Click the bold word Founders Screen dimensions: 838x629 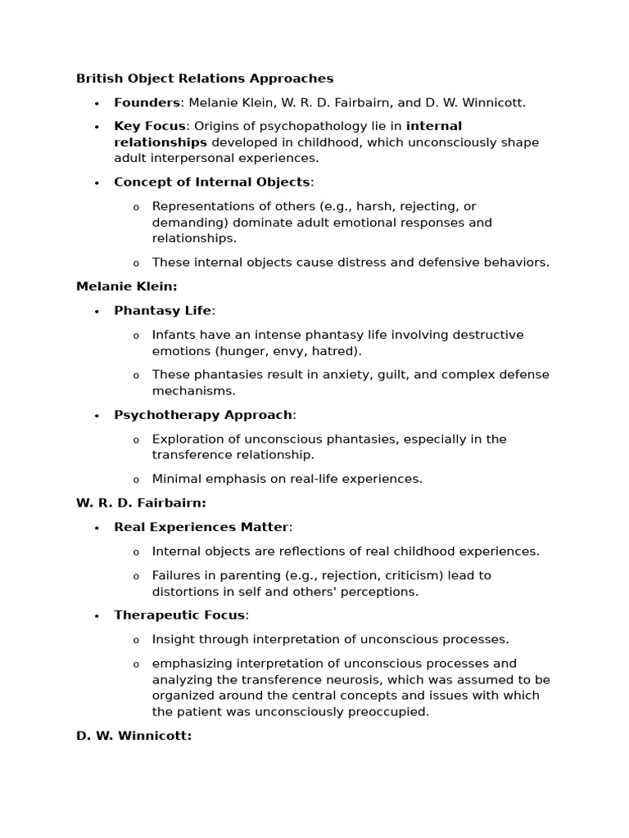pyautogui.click(x=147, y=102)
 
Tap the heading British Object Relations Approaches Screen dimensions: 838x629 pyautogui.click(x=205, y=79)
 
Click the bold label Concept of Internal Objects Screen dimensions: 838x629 pyautogui.click(x=212, y=182)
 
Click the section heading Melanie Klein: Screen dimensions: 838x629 pyautogui.click(x=126, y=286)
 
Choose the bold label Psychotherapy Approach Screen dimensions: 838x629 pyautogui.click(x=203, y=415)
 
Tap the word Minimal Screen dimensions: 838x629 pyautogui.click(x=177, y=479)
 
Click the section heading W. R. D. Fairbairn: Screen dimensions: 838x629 pyautogui.click(x=141, y=502)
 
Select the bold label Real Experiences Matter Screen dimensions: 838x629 pyautogui.click(x=201, y=527)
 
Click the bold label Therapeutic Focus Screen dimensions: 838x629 pyautogui.click(x=179, y=615)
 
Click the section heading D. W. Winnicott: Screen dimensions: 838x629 pyautogui.click(x=133, y=736)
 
